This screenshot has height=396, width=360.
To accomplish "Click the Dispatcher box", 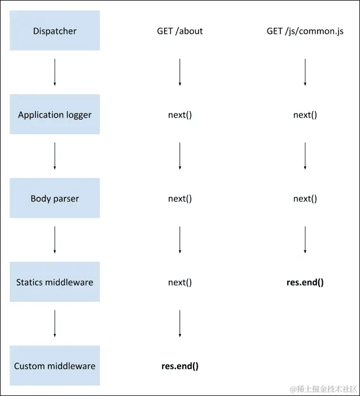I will (55, 31).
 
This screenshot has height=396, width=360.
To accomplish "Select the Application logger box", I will (55, 115).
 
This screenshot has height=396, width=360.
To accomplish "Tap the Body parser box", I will (55, 199).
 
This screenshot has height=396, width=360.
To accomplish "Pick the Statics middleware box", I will (55, 282).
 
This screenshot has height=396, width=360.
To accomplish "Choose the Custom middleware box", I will (55, 366).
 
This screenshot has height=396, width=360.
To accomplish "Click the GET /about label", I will (179, 32).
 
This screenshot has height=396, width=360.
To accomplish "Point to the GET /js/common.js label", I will (305, 32).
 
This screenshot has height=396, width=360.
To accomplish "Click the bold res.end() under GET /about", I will (179, 366).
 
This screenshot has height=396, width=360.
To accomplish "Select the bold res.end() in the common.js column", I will (305, 282).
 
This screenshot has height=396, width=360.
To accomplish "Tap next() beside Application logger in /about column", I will (179, 115).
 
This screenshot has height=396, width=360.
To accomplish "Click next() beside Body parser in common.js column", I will (305, 199).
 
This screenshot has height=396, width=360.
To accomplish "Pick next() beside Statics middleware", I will (179, 282).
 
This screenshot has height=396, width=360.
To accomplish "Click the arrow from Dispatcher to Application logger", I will (55, 72).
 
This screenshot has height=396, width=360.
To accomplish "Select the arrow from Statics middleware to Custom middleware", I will (55, 324).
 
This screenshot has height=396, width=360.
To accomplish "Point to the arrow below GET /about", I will (179, 72).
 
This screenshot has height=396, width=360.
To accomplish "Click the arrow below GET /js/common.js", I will (305, 72).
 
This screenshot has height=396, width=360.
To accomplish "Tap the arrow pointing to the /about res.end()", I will (179, 324).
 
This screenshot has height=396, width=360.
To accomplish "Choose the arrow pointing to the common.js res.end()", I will (305, 240).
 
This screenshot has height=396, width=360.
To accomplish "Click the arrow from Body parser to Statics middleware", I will (55, 240).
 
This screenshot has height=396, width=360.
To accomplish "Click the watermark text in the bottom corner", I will (323, 389).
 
